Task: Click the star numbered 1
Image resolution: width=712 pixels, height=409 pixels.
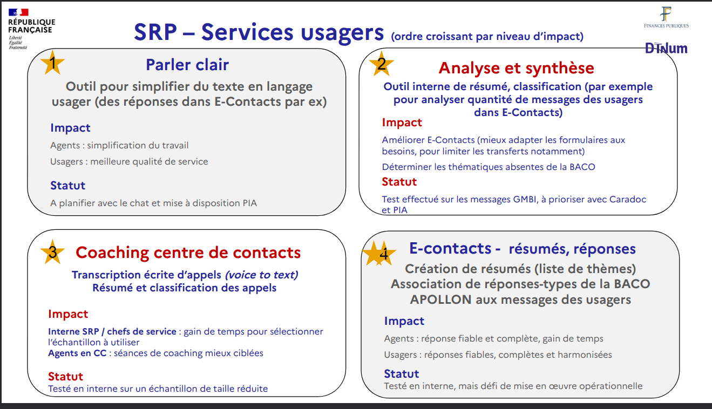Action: click(52, 63)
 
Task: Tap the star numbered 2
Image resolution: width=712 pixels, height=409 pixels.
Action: click(381, 64)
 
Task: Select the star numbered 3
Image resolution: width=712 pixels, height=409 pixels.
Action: click(52, 252)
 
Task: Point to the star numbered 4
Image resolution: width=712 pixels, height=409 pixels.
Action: click(379, 254)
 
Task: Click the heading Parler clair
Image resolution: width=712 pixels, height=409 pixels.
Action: click(187, 65)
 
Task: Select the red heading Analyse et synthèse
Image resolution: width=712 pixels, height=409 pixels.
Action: click(516, 68)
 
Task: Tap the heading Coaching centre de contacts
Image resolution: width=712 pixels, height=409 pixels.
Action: click(188, 253)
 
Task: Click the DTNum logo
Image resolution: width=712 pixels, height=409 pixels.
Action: click(666, 49)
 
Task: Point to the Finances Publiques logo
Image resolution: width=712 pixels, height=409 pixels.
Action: click(666, 17)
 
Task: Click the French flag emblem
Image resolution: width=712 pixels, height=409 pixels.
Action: click(18, 12)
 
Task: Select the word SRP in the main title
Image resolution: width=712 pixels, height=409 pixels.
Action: click(155, 32)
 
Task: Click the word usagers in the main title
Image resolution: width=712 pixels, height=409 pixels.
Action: click(342, 33)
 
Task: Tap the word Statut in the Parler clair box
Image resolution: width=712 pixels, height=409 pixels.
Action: click(67, 185)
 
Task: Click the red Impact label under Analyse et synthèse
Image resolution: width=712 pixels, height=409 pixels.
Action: click(402, 122)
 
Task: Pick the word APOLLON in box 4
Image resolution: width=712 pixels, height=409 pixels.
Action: click(440, 299)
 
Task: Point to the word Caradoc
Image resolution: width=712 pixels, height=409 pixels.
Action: click(627, 199)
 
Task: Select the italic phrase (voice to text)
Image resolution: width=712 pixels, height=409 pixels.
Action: click(262, 275)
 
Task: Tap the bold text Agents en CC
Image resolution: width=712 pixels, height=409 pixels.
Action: click(77, 353)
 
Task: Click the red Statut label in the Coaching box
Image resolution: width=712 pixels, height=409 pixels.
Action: click(65, 376)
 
